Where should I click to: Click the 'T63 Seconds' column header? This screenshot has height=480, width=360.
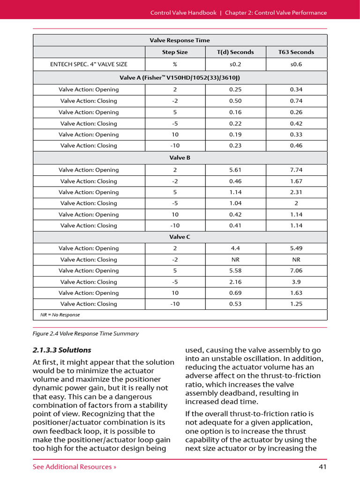tap(296, 52)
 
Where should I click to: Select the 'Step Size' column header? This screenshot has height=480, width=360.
tap(175, 52)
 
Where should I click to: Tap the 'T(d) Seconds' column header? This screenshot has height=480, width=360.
tap(235, 52)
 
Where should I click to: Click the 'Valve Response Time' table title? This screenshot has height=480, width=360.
tap(180, 40)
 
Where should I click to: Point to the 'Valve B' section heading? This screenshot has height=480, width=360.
tap(180, 158)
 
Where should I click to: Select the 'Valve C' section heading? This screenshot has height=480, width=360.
tap(180, 237)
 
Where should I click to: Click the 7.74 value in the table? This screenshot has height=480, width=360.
tap(296, 170)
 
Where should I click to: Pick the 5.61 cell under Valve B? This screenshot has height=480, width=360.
tap(235, 170)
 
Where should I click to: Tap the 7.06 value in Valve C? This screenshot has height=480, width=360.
tap(296, 270)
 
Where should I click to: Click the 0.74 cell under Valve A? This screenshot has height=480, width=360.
tap(296, 101)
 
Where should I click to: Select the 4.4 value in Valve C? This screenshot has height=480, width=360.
tap(235, 248)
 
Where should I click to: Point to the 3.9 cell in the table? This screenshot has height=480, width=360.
tap(296, 282)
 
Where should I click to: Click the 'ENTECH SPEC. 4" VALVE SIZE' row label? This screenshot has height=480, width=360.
tap(89, 64)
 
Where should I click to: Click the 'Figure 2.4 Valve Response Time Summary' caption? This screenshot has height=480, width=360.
tap(85, 334)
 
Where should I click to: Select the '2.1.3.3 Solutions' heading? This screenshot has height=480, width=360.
tap(62, 350)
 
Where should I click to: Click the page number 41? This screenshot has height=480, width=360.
tap(322, 466)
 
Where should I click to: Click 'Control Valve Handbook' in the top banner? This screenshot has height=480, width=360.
tap(183, 13)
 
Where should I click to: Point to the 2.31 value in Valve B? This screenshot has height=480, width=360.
tap(296, 192)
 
